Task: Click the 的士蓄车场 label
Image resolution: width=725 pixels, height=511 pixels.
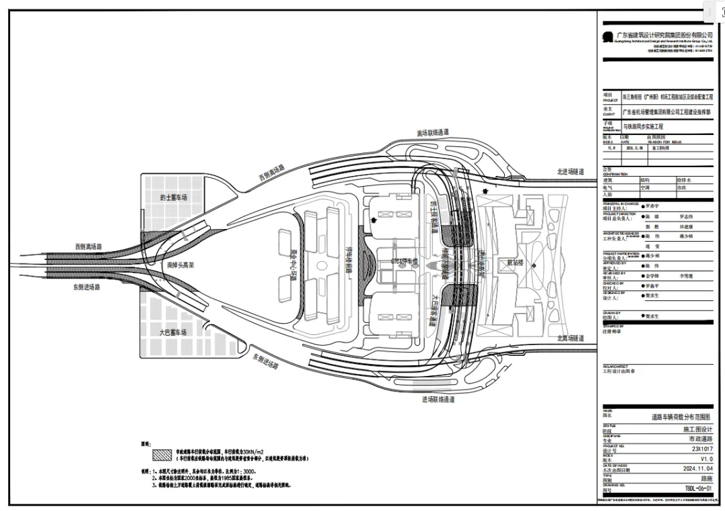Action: [x=173, y=197]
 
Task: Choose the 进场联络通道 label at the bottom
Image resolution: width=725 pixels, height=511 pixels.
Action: [x=438, y=399]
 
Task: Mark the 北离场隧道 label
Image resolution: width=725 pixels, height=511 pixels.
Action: [x=570, y=338]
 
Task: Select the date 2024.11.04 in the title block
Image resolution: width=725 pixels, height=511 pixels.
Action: [x=697, y=469]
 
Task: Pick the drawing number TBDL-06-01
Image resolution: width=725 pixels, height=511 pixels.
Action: [x=698, y=490]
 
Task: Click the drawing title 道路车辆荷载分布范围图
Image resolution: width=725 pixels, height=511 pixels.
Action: [x=682, y=416]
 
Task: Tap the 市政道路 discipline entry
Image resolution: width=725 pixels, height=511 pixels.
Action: [x=699, y=438]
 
